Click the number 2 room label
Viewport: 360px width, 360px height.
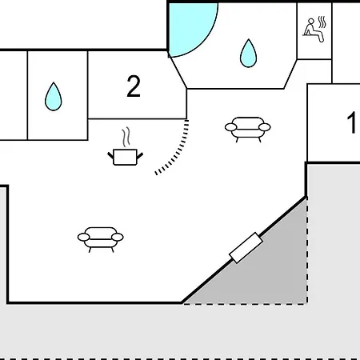pyautogui.click(x=134, y=86)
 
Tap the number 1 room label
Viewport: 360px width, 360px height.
pyautogui.click(x=352, y=122)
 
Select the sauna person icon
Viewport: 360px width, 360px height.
pyautogui.click(x=314, y=30)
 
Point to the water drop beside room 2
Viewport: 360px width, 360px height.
pyautogui.click(x=54, y=97)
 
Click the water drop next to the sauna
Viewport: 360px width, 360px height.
pyautogui.click(x=248, y=53)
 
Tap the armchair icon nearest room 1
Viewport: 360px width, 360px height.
pyautogui.click(x=248, y=130)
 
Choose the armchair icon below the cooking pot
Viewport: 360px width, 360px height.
pyautogui.click(x=101, y=239)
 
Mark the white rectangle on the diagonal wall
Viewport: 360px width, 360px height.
pyautogui.click(x=246, y=248)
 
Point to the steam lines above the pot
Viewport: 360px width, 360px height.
pyautogui.click(x=126, y=137)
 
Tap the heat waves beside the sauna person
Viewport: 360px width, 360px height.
pyautogui.click(x=322, y=22)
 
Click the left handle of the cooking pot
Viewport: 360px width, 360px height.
pyautogui.click(x=110, y=155)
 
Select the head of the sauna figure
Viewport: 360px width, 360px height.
pyautogui.click(x=311, y=21)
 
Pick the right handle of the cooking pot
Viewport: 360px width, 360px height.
pyautogui.click(x=140, y=155)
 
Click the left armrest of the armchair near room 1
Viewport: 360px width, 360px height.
pyautogui.click(x=230, y=127)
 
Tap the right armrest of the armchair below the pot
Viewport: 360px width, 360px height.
pyautogui.click(x=118, y=237)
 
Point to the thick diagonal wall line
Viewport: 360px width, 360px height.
pyautogui.click(x=244, y=250)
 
